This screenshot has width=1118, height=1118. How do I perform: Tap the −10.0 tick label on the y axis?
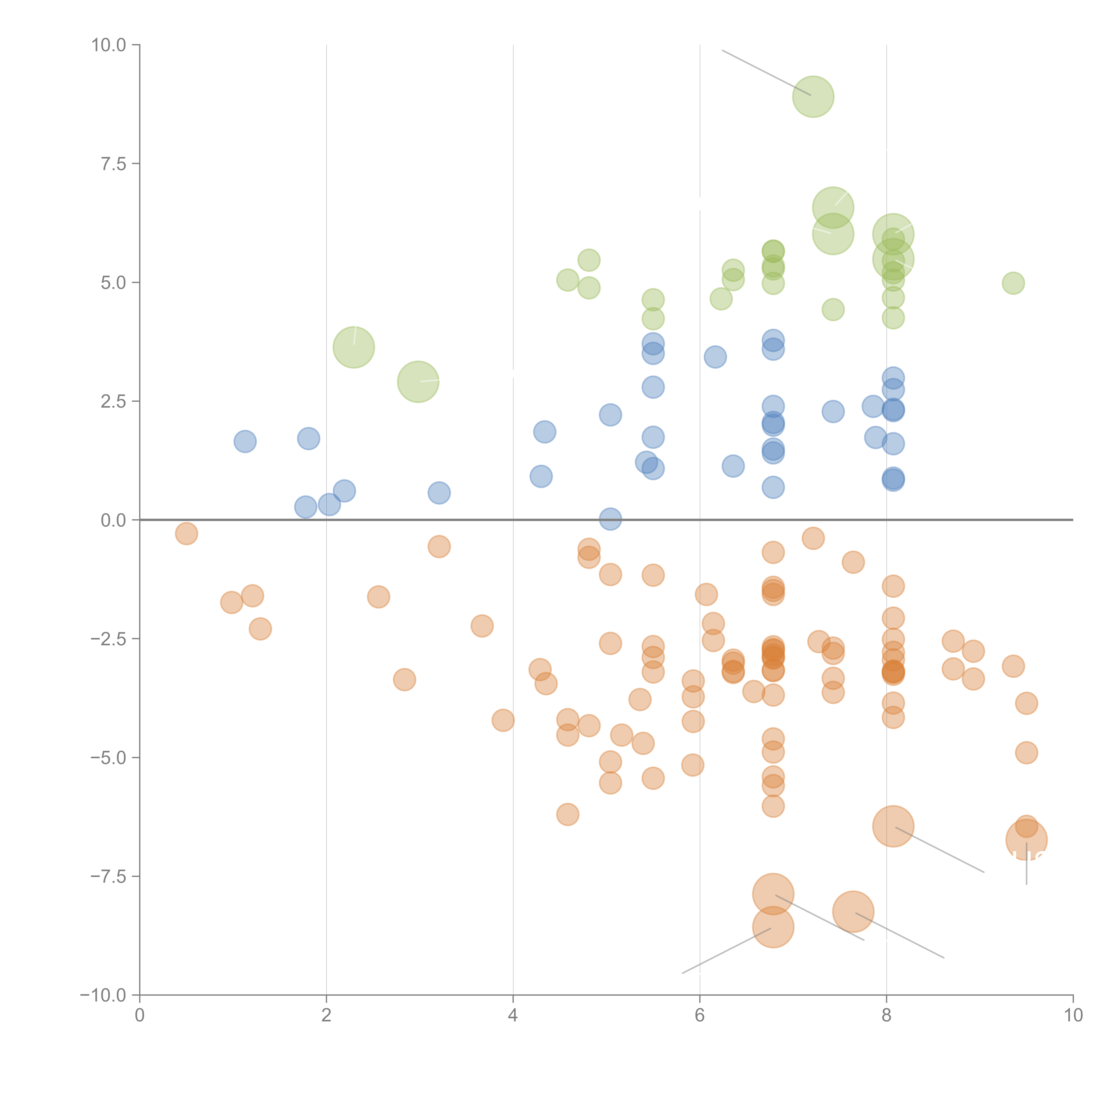(x=103, y=995)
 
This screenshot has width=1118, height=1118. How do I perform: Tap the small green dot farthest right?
(x=1013, y=283)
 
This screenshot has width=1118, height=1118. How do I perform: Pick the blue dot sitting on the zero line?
(x=610, y=519)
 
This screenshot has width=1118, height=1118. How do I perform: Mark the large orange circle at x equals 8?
(x=893, y=826)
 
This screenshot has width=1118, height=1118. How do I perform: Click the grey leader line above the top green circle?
(x=766, y=72)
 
